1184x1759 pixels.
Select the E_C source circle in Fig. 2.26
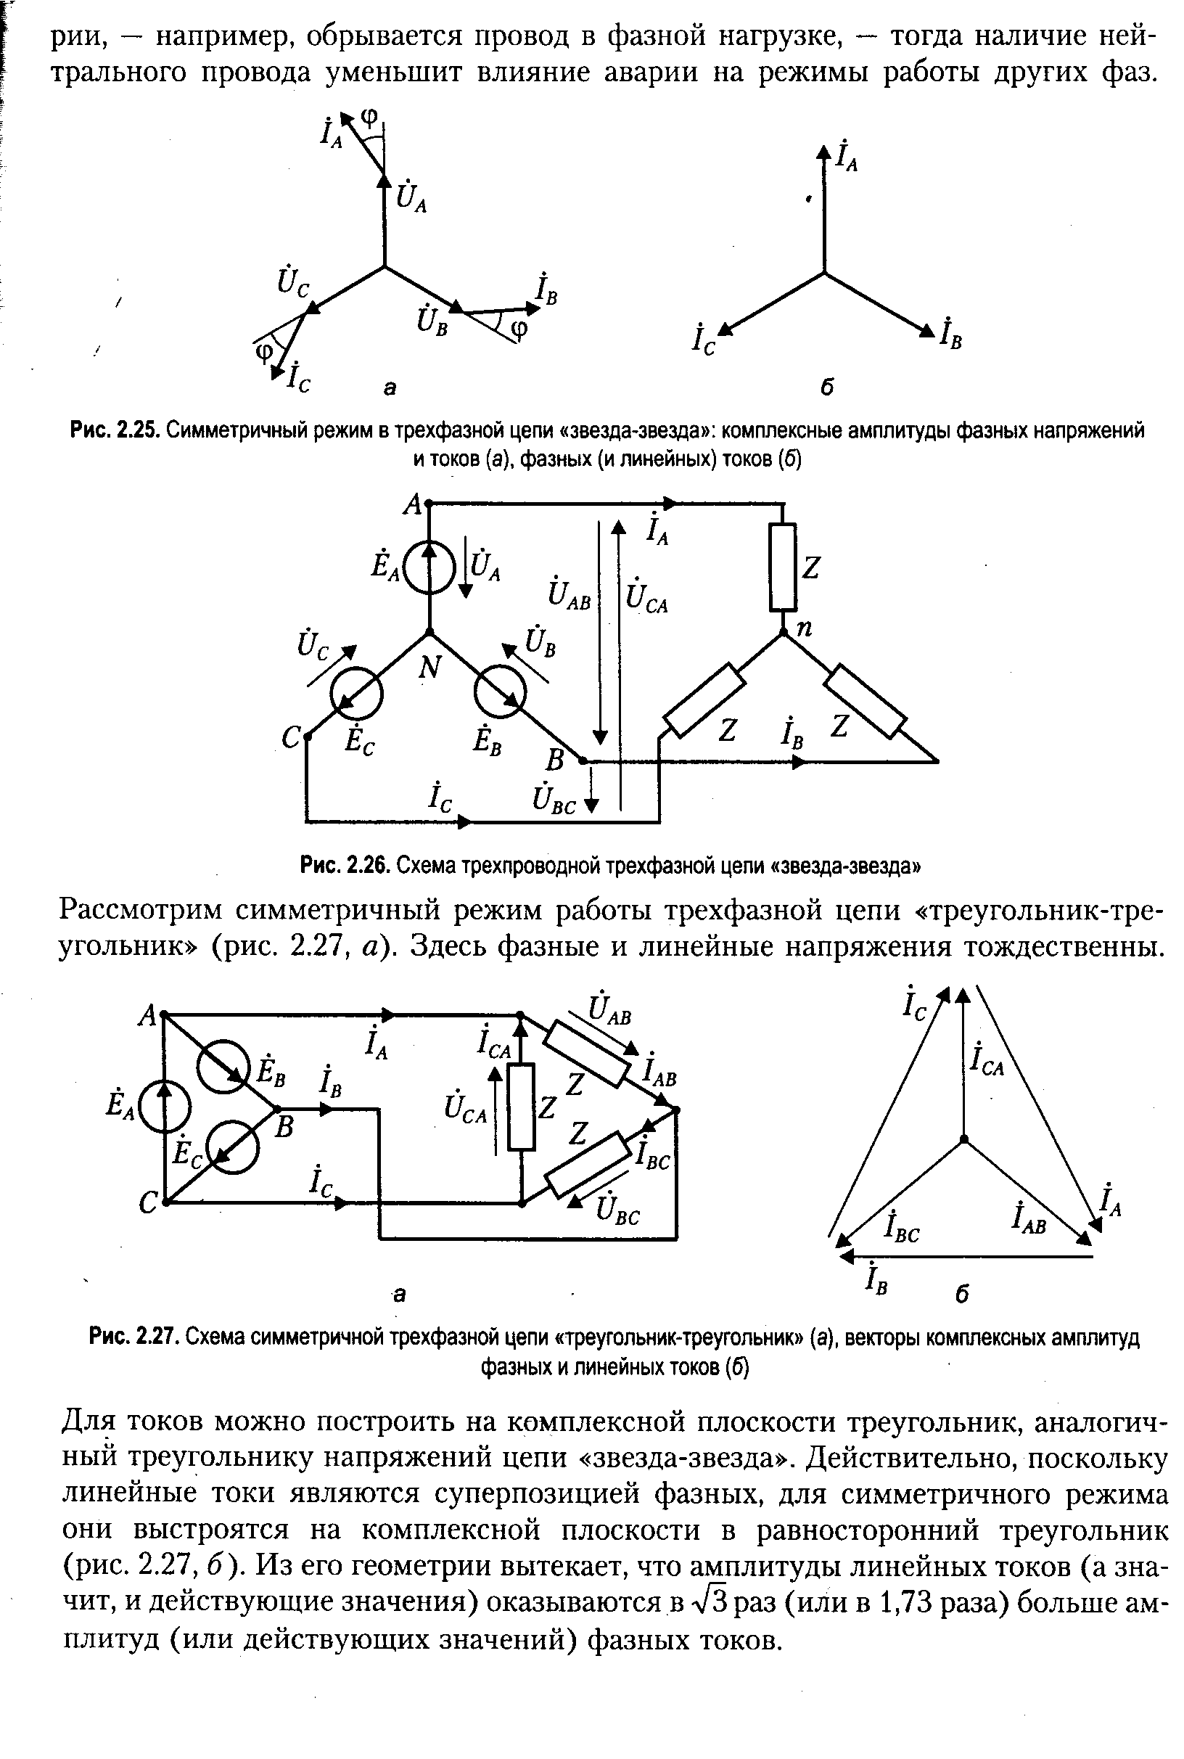tap(356, 693)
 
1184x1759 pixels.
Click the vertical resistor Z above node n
tap(783, 568)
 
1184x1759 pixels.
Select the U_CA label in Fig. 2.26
tap(648, 596)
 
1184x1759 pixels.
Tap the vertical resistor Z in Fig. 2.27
tap(521, 1107)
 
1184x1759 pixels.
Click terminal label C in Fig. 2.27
tap(149, 1204)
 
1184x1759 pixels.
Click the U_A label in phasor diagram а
tap(411, 198)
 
